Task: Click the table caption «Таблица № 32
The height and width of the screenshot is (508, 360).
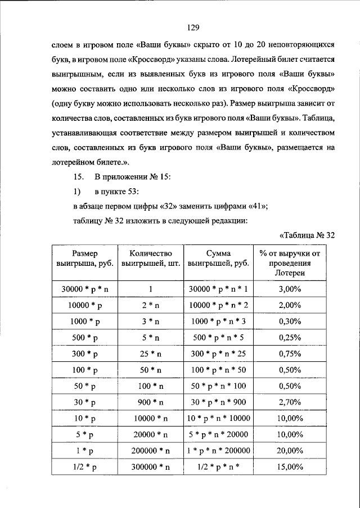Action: (307, 235)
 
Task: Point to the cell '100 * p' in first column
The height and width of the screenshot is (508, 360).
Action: (84, 370)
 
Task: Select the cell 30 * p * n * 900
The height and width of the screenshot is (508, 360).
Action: (219, 403)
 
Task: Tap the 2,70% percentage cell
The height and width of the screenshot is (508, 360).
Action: (290, 403)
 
